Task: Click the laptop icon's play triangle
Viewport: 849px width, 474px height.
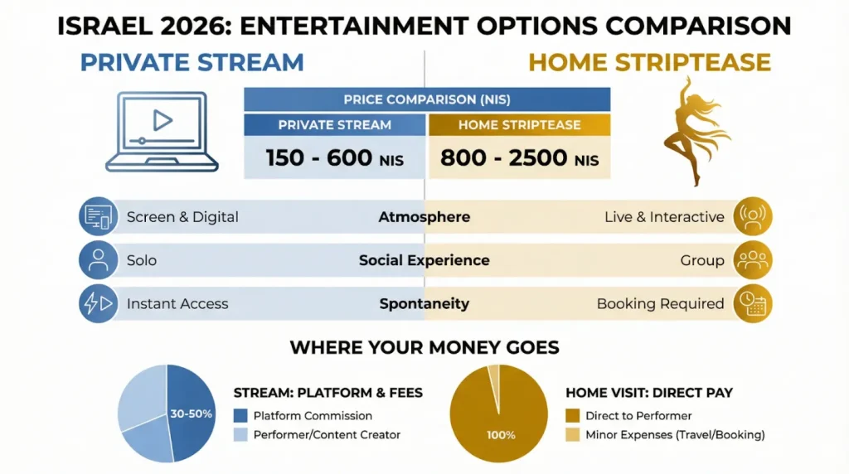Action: tap(162, 120)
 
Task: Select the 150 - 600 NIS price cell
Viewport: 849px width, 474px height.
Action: tap(335, 158)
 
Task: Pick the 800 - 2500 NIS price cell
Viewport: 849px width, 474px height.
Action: tap(519, 158)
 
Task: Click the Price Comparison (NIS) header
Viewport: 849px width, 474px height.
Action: tap(427, 99)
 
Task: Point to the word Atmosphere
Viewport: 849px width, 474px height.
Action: tap(424, 217)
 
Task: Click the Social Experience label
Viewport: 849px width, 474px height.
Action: tap(424, 260)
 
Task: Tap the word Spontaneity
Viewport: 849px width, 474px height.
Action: tap(424, 303)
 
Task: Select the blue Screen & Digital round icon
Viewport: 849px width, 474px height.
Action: tap(98, 216)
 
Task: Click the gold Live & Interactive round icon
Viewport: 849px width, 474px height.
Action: tap(753, 216)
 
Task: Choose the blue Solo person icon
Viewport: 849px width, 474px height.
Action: tap(98, 260)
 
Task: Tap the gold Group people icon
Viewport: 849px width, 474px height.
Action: tap(753, 260)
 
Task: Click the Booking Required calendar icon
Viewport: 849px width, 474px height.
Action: tap(753, 303)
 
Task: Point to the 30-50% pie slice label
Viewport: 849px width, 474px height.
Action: tap(191, 414)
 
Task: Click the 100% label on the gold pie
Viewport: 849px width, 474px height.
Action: tap(501, 435)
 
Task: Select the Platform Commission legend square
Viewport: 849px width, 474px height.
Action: tap(240, 415)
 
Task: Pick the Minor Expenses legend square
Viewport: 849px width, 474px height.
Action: tap(572, 434)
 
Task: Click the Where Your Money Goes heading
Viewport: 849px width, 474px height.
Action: tap(424, 347)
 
